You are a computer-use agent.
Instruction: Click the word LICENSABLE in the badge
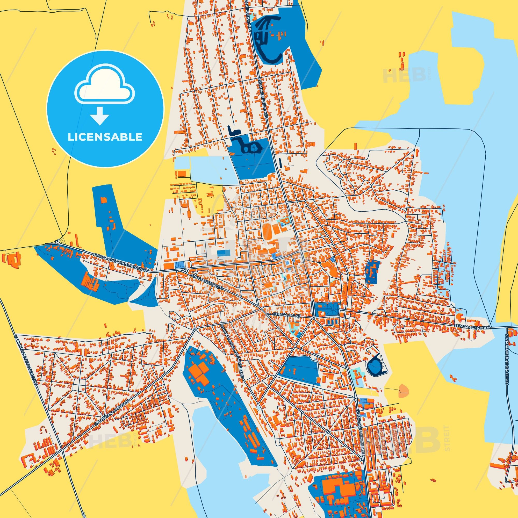105,137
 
